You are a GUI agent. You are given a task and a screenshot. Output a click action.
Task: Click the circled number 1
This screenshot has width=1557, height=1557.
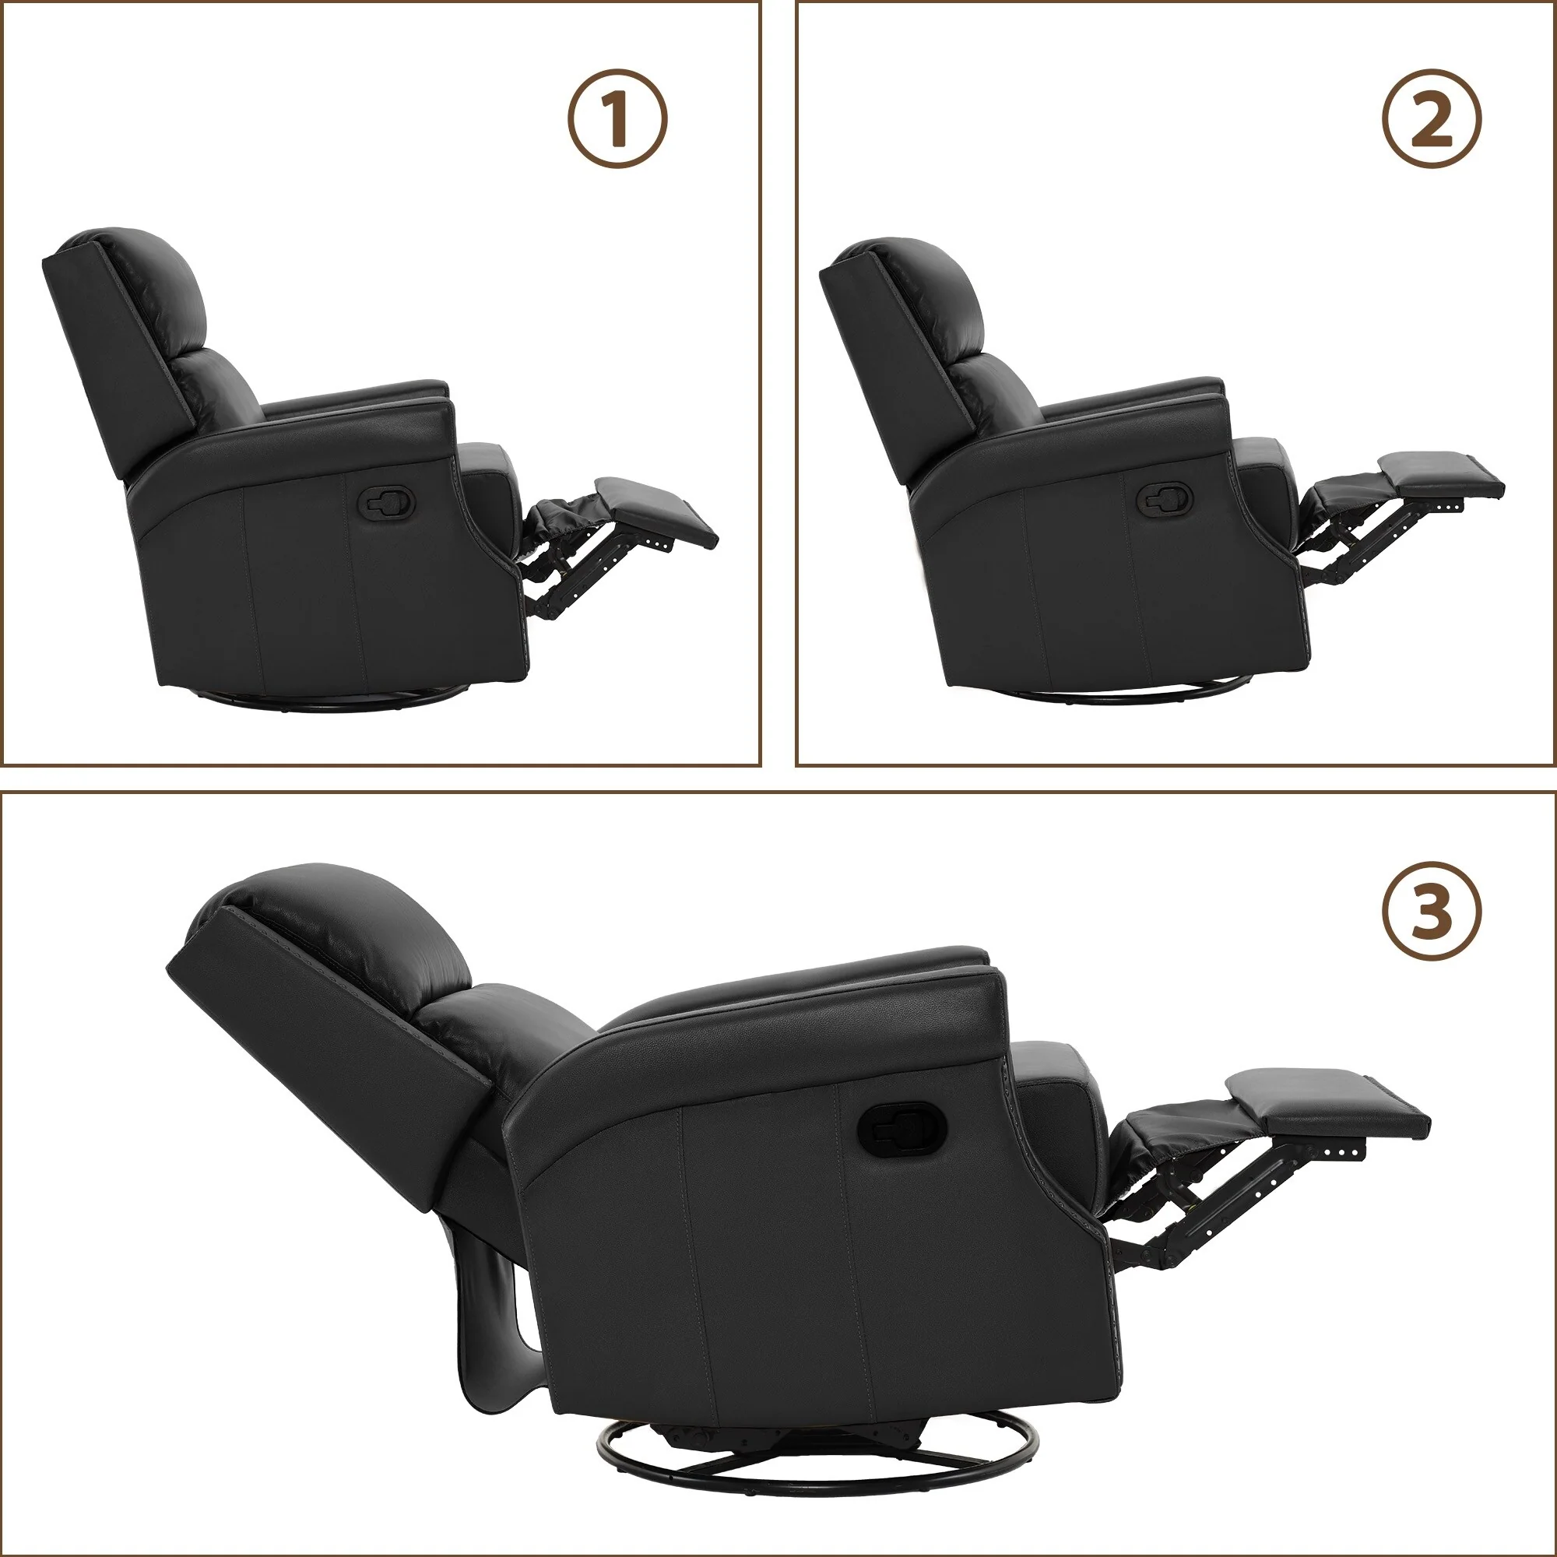[x=618, y=118]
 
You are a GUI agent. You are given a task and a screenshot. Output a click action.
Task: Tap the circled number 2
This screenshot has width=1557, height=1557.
[x=1432, y=118]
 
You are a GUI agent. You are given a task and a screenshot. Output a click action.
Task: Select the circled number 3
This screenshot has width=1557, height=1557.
[x=1432, y=912]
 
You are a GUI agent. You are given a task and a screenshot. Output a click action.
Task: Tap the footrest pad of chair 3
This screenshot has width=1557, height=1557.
[x=1330, y=1105]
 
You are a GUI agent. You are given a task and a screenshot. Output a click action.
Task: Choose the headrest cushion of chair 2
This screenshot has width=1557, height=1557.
[x=926, y=286]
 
